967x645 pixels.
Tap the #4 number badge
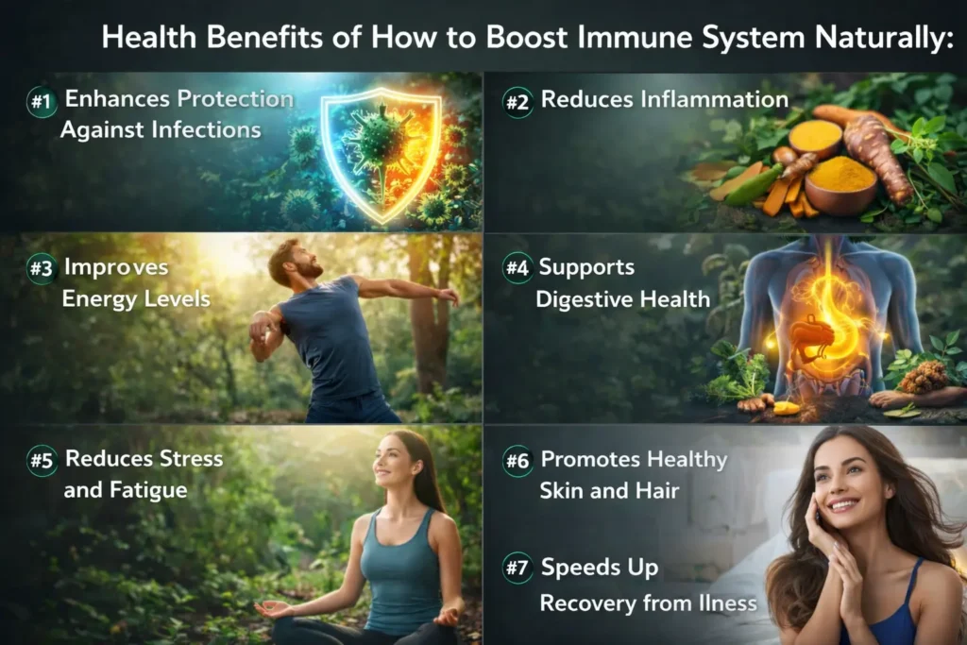click(x=517, y=268)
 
